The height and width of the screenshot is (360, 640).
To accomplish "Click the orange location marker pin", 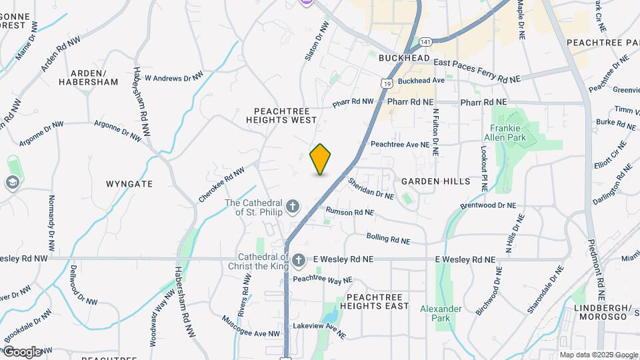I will [x=321, y=159].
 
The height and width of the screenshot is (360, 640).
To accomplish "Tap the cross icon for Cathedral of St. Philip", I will [x=293, y=207].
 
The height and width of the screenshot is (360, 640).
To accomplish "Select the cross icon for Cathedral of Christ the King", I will [x=299, y=260].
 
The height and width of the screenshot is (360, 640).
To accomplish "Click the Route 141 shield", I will [x=425, y=42].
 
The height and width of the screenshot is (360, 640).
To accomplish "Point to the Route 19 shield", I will [x=386, y=83].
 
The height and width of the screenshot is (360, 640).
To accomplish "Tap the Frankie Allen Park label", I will [x=509, y=133].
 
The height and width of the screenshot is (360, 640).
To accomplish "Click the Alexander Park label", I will [x=441, y=313].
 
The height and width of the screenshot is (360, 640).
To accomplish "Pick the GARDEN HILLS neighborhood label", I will [x=436, y=181].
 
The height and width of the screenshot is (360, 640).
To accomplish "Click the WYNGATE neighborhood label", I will [x=129, y=183].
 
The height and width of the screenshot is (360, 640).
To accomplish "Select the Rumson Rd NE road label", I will [x=349, y=212].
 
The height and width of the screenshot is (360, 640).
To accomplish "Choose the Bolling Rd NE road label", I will [x=388, y=238].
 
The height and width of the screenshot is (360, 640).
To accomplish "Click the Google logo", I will [x=22, y=351].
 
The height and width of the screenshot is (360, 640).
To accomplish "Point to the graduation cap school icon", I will [x=12, y=182].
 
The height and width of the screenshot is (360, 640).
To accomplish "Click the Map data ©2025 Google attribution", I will [x=598, y=355].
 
